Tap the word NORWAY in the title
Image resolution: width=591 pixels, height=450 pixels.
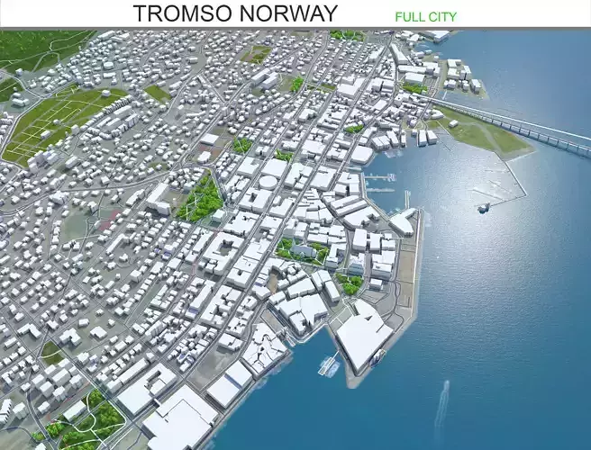pyautogui.click(x=287, y=13)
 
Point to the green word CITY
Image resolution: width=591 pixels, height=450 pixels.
pyautogui.click(x=443, y=16)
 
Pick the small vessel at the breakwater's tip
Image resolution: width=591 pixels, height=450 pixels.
pyautogui.click(x=484, y=206)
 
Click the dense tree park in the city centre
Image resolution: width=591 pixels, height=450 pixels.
pyautogui.click(x=201, y=199)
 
